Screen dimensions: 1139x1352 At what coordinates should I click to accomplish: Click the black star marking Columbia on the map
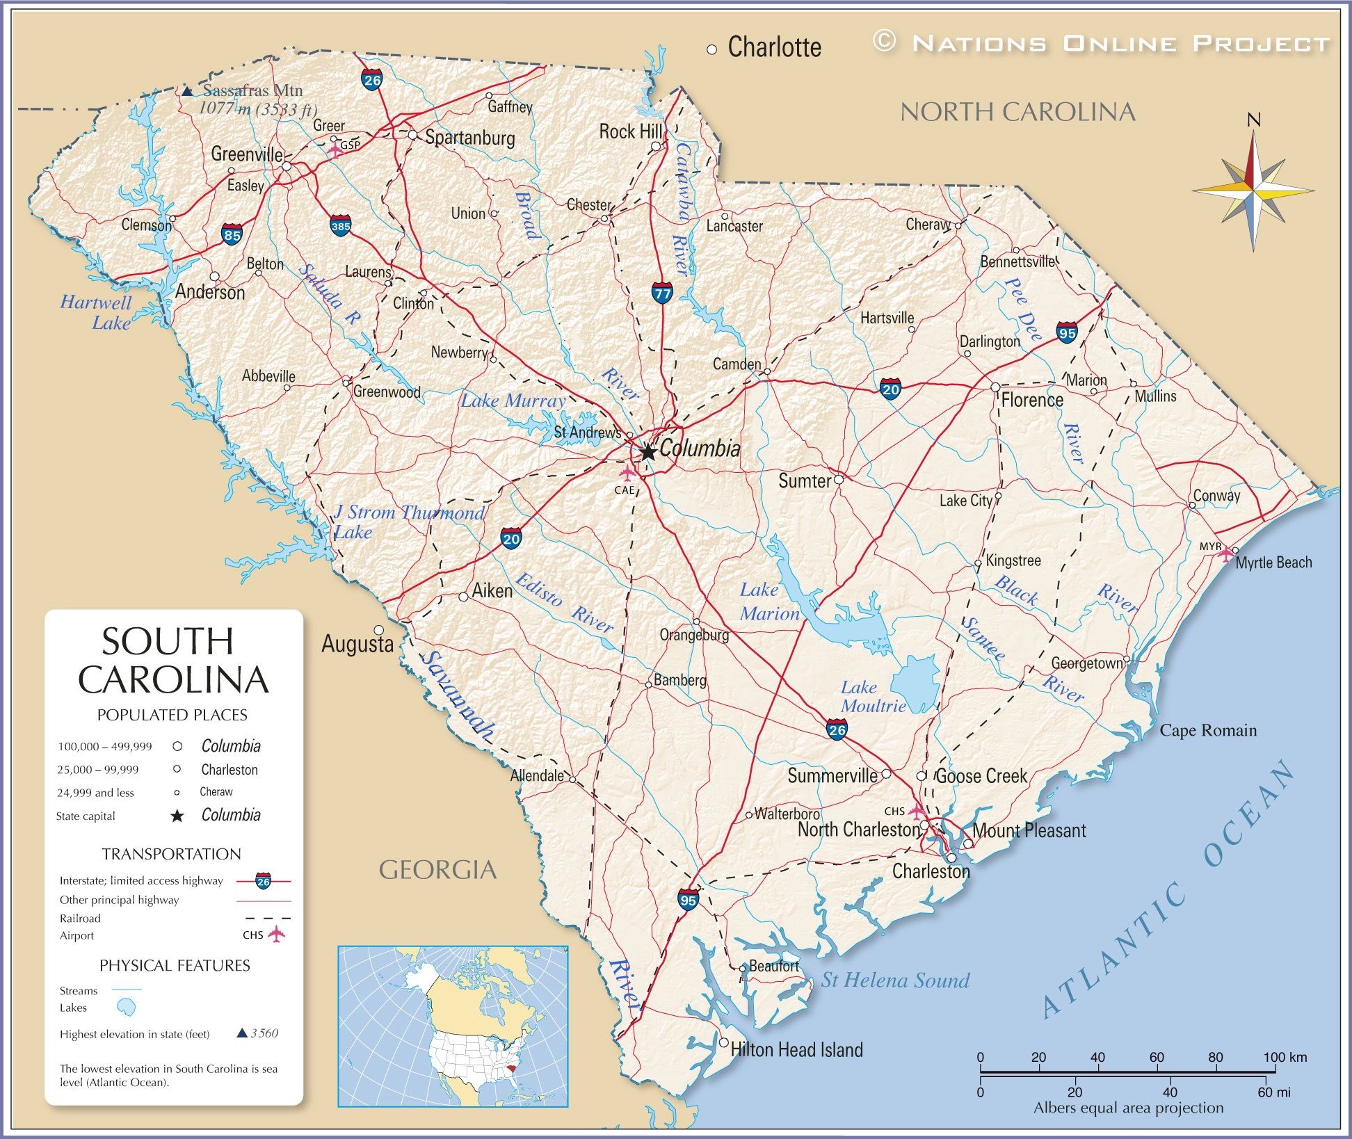647,452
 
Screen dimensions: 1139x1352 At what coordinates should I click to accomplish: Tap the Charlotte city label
774,47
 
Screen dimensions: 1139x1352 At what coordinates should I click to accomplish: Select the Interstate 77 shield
662,292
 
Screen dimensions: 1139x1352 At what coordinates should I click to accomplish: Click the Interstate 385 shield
340,225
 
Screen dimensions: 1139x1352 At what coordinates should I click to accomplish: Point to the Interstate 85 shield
232,234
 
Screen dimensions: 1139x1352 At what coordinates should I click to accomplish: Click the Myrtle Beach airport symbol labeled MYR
1225,554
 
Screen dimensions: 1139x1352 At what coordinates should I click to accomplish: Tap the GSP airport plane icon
335,150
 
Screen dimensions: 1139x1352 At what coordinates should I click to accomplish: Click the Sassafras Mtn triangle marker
187,90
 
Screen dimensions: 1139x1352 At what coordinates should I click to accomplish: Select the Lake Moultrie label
872,696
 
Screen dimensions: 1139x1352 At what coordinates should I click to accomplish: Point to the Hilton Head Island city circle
723,1042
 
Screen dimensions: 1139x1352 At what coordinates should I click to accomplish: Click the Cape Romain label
1208,730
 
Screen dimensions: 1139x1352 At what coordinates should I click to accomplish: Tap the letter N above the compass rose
1253,120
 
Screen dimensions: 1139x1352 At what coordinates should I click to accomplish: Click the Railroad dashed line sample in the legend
268,918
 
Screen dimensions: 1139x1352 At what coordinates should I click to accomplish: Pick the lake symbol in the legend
126,1007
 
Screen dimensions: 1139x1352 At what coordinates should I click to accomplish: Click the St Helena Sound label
895,980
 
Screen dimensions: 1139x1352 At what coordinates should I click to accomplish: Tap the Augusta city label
357,644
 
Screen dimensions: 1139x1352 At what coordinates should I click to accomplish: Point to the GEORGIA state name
437,870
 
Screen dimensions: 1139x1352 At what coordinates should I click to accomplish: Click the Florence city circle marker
995,387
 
